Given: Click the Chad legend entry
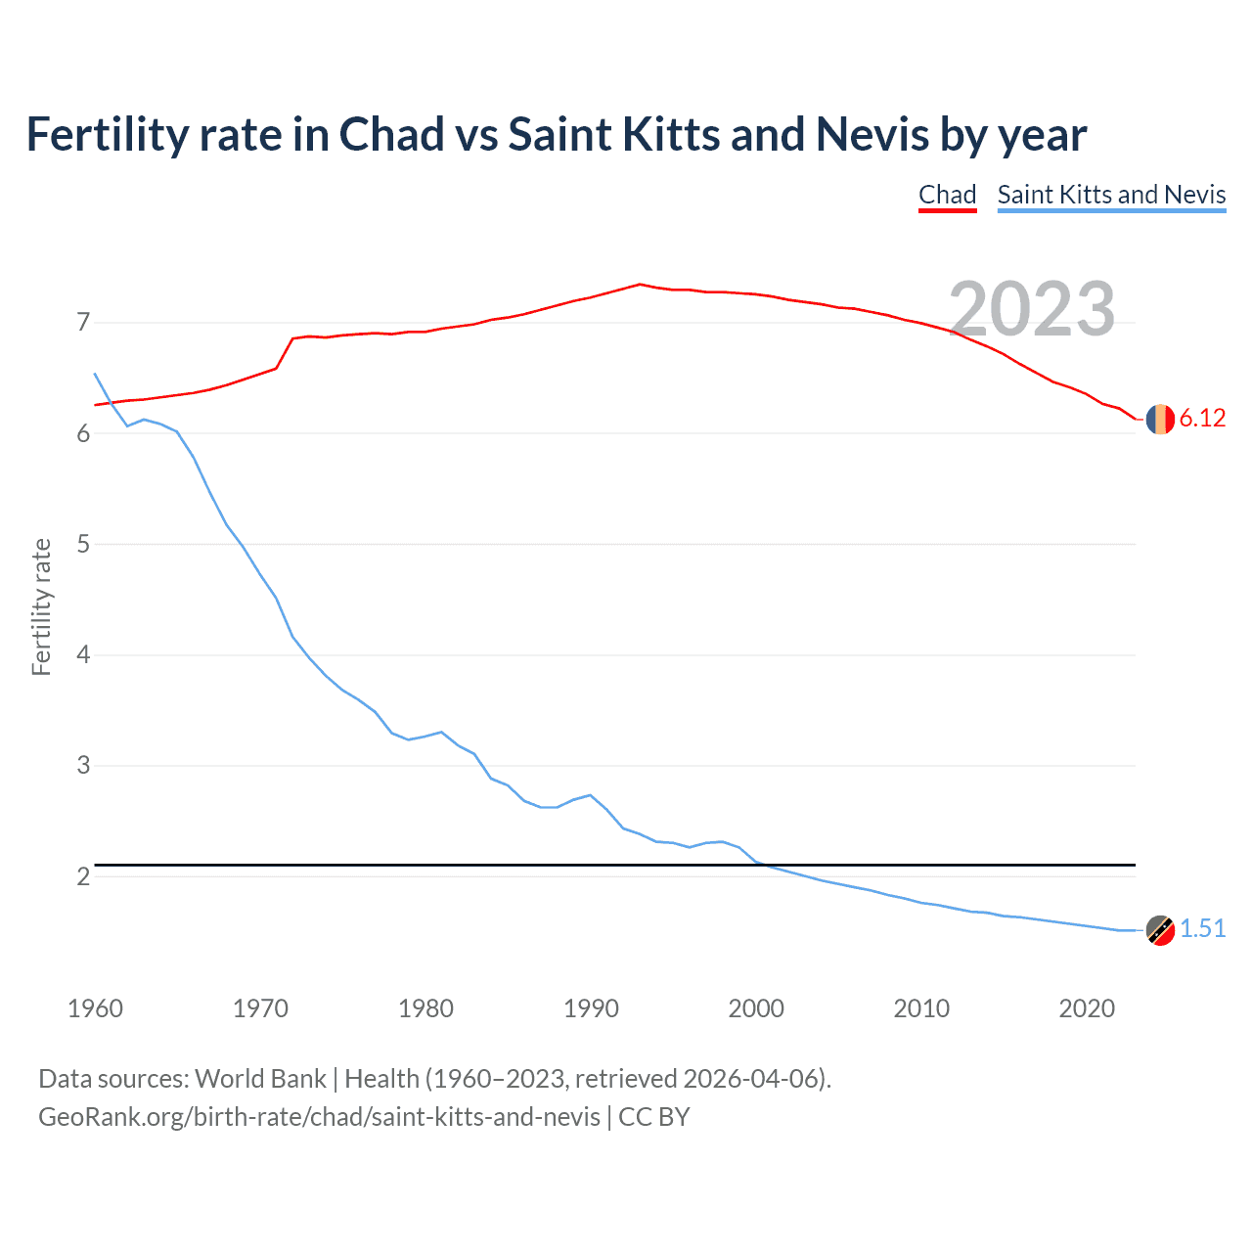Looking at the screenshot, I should coord(947,195).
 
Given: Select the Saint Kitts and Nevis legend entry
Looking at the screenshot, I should coord(1111,195).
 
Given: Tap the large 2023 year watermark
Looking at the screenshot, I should coord(1032,309).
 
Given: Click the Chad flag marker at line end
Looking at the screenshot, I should coord(1159,419).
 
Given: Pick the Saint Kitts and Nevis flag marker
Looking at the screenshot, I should coord(1159,930).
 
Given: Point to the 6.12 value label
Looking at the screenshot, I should coord(1202,419).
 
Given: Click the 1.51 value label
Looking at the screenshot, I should coord(1202,929).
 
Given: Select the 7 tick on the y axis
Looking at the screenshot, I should coord(83,323).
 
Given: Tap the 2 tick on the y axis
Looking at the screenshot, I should coord(83,876).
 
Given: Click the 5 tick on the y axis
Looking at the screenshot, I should coord(83,544).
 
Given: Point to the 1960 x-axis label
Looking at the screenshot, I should coord(95,1008).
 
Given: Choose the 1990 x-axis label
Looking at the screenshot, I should coord(591,1008).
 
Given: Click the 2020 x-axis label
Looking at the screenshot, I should coord(1087,1008).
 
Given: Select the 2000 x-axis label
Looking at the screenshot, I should coord(756,1008).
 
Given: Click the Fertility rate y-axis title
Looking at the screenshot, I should coord(41,606).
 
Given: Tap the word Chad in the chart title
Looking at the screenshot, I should coord(391,135).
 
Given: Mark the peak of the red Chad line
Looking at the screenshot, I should coord(639,285).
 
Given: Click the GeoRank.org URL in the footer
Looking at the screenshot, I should coord(319,1117).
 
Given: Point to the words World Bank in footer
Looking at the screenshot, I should coord(260,1079).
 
